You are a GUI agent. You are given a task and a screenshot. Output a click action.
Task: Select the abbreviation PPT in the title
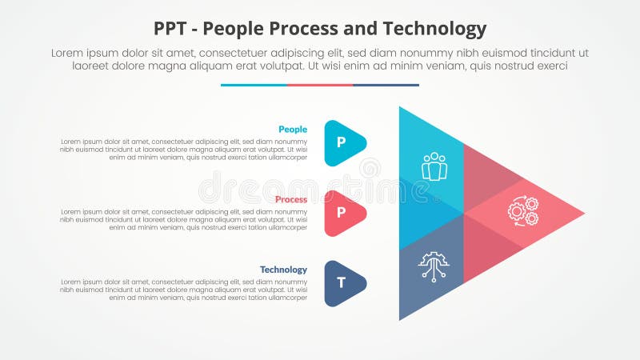[173, 30]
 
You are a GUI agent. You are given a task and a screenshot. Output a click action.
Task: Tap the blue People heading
[292, 129]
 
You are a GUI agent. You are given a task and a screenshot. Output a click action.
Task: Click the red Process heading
[290, 199]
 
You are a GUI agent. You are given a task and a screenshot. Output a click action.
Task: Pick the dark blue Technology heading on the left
[283, 270]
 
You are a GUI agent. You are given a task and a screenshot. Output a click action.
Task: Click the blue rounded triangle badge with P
[343, 143]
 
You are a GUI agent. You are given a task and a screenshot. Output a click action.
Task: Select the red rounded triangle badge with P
[343, 213]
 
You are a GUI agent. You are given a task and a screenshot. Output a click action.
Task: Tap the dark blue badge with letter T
[343, 283]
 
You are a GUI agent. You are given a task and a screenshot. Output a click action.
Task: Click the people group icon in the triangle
[434, 166]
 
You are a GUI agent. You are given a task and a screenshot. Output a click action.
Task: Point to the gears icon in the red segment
[522, 211]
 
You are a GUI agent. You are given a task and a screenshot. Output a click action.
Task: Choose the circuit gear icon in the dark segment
[434, 264]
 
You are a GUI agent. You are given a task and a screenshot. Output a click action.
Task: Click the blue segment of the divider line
[254, 85]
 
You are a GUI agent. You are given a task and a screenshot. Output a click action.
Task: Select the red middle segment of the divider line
[320, 85]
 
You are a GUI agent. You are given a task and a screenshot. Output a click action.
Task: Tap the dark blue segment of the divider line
[386, 85]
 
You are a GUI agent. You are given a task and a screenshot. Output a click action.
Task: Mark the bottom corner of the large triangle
[401, 318]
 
